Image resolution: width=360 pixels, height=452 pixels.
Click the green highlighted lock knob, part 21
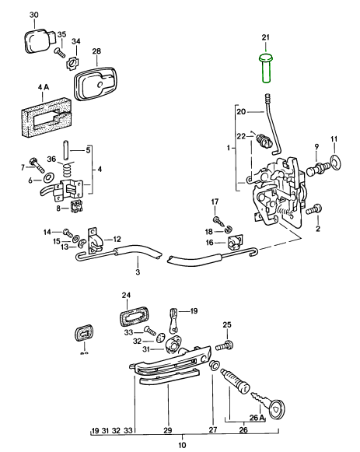click(266, 68)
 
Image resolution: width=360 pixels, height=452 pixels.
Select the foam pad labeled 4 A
click(46, 117)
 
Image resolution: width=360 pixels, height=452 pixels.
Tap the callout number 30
click(34, 15)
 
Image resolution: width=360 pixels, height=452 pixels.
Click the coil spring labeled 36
click(68, 168)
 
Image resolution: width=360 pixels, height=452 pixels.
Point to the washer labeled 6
click(47, 178)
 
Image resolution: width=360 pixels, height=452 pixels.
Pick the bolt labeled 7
click(37, 163)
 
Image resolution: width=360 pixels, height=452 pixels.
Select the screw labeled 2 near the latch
click(314, 209)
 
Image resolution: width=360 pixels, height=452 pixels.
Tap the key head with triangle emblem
click(275, 409)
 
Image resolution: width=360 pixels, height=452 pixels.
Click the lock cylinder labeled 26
click(235, 381)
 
